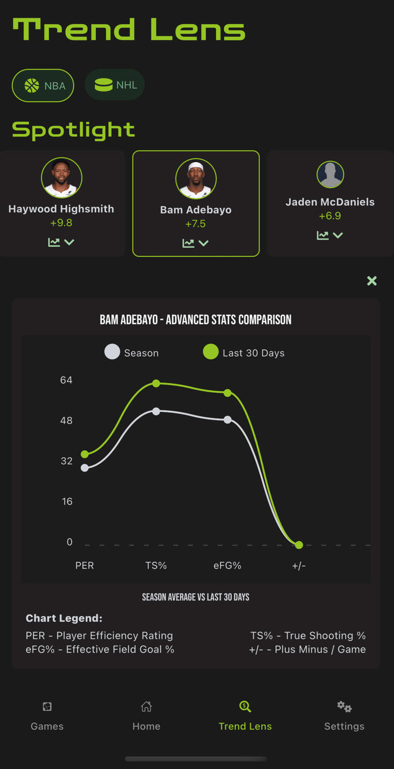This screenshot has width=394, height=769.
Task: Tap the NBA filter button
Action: pyautogui.click(x=43, y=85)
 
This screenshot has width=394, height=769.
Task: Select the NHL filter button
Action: pyautogui.click(x=115, y=85)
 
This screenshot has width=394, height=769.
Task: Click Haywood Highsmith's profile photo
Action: pyautogui.click(x=62, y=178)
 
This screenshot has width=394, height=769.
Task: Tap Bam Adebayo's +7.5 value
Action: pyautogui.click(x=195, y=224)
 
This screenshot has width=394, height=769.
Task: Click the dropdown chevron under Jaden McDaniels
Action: pyautogui.click(x=338, y=235)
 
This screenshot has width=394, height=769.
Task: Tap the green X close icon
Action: pyautogui.click(x=372, y=281)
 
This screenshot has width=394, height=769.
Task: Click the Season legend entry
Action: pyautogui.click(x=132, y=352)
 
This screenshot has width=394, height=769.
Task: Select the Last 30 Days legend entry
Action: pyautogui.click(x=244, y=352)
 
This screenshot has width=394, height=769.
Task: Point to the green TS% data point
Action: pyautogui.click(x=156, y=383)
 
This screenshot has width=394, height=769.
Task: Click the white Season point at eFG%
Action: pyautogui.click(x=228, y=420)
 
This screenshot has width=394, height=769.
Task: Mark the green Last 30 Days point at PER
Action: pyautogui.click(x=85, y=454)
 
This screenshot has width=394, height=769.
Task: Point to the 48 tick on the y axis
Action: pyautogui.click(x=66, y=420)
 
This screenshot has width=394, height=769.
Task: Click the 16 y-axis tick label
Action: pyautogui.click(x=66, y=501)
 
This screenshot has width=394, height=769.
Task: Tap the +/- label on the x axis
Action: pyautogui.click(x=299, y=565)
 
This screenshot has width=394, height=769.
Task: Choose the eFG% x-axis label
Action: pyautogui.click(x=228, y=565)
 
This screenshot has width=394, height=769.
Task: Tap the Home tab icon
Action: pyautogui.click(x=146, y=707)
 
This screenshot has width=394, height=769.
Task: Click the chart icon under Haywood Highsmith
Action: pyautogui.click(x=54, y=242)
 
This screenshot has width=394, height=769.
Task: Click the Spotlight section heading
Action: pyautogui.click(x=73, y=129)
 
